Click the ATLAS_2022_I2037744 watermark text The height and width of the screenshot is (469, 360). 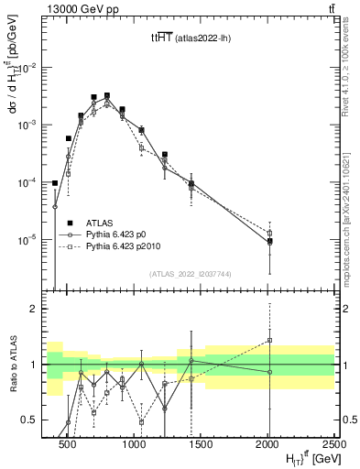click(191, 274)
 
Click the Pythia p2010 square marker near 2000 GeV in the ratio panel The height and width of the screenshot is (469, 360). click(269, 340)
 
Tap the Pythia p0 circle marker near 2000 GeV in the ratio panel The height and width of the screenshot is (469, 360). click(269, 372)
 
